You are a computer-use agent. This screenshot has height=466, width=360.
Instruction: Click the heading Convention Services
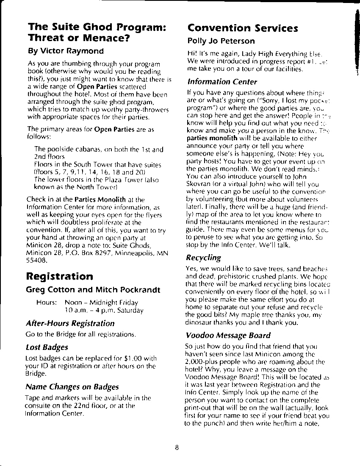tap(243, 28)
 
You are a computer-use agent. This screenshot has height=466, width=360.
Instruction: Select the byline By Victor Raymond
tap(66, 51)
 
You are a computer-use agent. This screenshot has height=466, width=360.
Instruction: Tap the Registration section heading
tap(60, 277)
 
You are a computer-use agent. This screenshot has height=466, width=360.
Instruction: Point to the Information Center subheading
tap(222, 81)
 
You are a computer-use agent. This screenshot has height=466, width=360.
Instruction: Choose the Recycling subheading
tap(203, 258)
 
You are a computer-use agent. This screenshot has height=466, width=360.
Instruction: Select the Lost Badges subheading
tap(47, 347)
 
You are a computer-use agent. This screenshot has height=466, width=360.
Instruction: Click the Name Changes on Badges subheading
tap(72, 387)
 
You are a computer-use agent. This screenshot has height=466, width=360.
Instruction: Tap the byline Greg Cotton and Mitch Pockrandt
tap(93, 290)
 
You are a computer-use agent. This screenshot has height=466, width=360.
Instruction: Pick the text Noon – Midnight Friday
tap(101, 302)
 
